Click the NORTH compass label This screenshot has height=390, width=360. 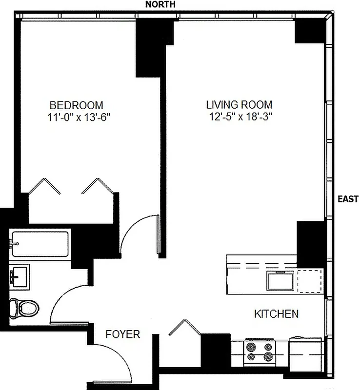coord(160,4)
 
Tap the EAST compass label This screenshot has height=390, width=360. coord(348,199)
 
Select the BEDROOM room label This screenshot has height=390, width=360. coord(76,105)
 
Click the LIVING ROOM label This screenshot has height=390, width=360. coord(239,105)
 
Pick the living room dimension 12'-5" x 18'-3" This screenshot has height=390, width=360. coord(239,117)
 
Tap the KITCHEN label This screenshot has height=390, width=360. coord(276,314)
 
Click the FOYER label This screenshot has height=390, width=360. coord(123,334)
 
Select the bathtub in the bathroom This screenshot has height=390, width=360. coord(40,245)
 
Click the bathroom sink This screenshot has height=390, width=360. coord(20,277)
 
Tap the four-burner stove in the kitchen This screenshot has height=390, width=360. coord(260,351)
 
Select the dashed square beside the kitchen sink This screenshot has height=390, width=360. coord(310,281)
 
